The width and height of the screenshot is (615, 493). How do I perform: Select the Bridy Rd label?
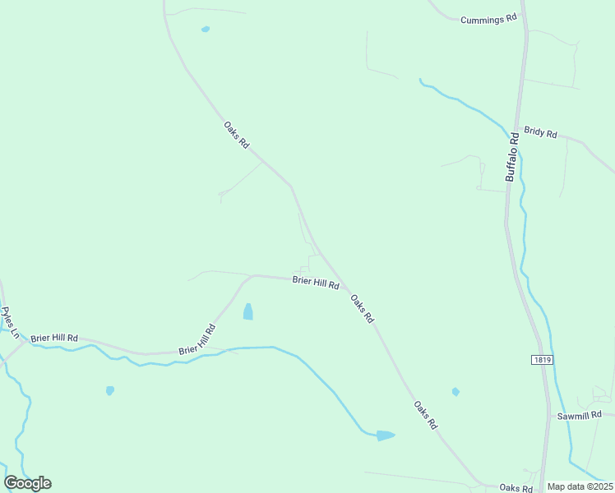pyautogui.click(x=540, y=133)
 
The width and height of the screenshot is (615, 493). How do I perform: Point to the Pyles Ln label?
pyautogui.click(x=10, y=323)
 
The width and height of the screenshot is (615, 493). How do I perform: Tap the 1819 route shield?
pyautogui.click(x=541, y=360)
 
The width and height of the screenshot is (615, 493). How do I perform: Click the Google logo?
pyautogui.click(x=28, y=483)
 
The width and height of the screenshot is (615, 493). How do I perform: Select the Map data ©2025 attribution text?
pyautogui.click(x=580, y=486)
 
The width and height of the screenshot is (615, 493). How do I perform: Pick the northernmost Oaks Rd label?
pyautogui.click(x=236, y=134)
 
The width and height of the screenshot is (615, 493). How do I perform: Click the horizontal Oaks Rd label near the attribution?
pyautogui.click(x=516, y=488)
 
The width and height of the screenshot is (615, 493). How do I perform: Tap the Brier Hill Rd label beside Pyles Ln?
pyautogui.click(x=54, y=338)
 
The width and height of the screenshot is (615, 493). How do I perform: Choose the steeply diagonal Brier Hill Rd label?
pyautogui.click(x=197, y=339)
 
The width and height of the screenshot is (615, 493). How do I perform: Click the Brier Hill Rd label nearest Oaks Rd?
pyautogui.click(x=316, y=283)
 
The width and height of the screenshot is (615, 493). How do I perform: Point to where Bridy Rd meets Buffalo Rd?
pyautogui.click(x=518, y=130)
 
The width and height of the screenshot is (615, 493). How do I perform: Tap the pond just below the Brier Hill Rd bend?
pyautogui.click(x=247, y=311)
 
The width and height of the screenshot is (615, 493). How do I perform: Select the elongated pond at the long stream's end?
pyautogui.click(x=385, y=435)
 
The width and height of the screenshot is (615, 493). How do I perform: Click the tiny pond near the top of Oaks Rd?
pyautogui.click(x=206, y=30)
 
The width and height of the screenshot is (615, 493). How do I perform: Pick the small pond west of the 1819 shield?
pyautogui.click(x=455, y=392)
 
